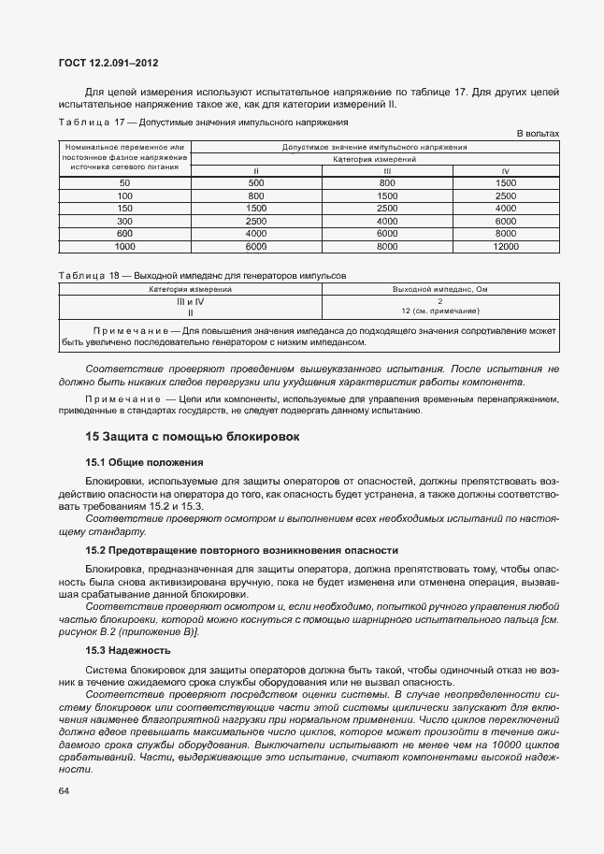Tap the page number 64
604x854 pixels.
coord(64,791)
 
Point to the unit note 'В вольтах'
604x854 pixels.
coord(538,134)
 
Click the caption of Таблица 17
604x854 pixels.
coord(203,123)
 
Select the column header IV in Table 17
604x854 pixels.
coord(505,170)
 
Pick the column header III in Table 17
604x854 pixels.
coord(387,170)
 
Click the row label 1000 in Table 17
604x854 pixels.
coord(124,246)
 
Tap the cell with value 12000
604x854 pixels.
coord(505,246)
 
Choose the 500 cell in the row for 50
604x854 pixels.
coord(256,182)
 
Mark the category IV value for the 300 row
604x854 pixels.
coord(505,221)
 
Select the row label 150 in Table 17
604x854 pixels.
coord(124,208)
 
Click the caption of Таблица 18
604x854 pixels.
coord(202,277)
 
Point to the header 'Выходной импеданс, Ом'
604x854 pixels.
coord(439,290)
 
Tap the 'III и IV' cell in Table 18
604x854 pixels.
coord(190,301)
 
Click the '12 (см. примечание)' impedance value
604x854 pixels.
coord(439,311)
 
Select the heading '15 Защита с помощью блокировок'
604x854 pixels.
coord(192,436)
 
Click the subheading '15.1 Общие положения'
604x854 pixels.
coord(145,462)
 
